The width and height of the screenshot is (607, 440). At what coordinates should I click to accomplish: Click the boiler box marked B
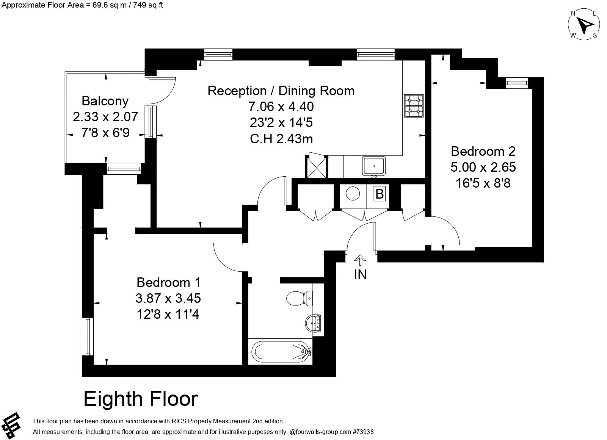click(380, 194)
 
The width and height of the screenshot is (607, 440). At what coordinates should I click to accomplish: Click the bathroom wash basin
click(313, 323)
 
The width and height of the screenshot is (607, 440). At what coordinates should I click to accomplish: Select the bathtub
click(281, 351)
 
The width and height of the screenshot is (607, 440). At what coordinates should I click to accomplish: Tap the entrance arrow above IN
click(360, 260)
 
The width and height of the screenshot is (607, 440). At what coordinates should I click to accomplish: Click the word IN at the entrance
click(360, 274)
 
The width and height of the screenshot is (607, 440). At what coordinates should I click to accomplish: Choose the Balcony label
click(105, 101)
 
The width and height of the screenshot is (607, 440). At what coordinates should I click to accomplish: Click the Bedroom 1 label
click(168, 283)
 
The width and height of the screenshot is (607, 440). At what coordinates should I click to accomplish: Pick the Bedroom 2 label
click(483, 151)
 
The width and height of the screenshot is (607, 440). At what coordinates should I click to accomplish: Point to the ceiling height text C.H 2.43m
click(281, 139)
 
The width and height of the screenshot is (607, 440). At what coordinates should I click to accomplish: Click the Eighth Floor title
click(141, 399)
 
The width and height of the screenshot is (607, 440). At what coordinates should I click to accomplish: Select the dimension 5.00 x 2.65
click(483, 167)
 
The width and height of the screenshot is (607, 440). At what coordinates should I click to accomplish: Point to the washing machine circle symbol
click(353, 194)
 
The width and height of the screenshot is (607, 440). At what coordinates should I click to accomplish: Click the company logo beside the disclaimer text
click(11, 426)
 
